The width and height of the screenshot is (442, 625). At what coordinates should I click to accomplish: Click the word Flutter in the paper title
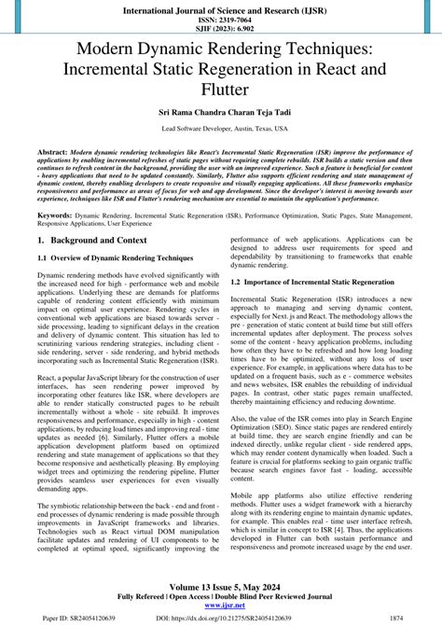pyautogui.click(x=221, y=90)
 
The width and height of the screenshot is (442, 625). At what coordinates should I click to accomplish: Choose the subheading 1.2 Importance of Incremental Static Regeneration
pyautogui.click(x=312, y=281)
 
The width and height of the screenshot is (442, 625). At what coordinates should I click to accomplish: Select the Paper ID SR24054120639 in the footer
pyautogui.click(x=58, y=617)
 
